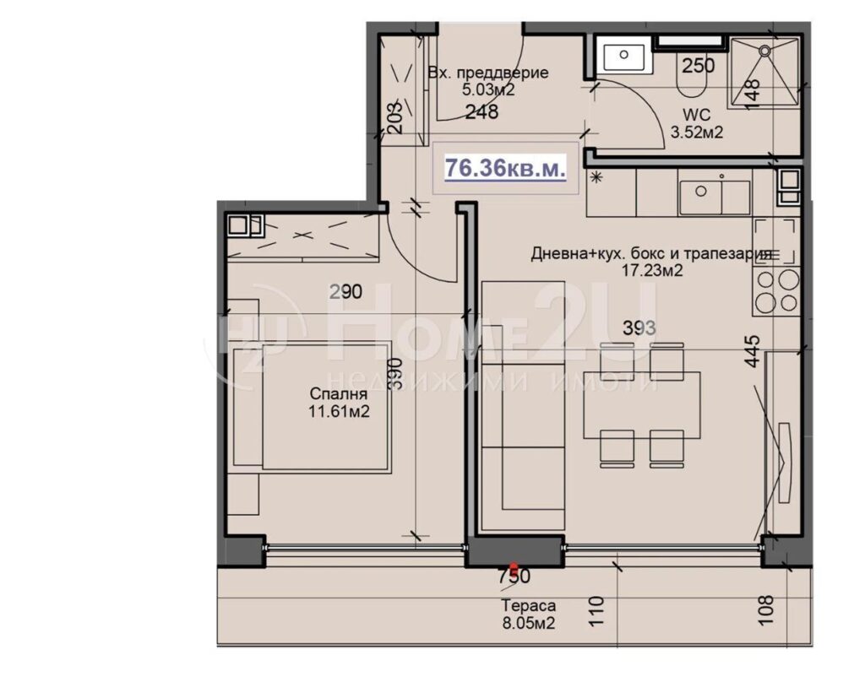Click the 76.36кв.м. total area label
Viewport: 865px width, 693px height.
[505, 168]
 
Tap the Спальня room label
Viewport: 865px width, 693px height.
[338, 393]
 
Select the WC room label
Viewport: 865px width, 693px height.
[696, 116]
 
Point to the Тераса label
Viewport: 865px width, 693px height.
[528, 606]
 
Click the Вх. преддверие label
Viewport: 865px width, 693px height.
[488, 73]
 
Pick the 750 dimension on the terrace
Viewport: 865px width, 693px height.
[514, 577]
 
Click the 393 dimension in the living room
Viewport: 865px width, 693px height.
[639, 328]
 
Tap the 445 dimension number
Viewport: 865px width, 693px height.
[752, 351]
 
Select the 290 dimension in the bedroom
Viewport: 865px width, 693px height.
[345, 291]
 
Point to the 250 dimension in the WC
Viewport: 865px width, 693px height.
[698, 66]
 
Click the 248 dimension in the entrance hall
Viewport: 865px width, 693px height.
[481, 112]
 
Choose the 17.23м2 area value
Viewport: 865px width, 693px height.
[653, 271]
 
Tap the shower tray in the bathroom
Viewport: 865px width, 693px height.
[764, 73]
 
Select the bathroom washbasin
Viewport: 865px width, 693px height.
[624, 57]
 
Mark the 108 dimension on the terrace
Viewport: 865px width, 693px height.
[766, 609]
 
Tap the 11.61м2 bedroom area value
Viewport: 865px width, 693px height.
[339, 411]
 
